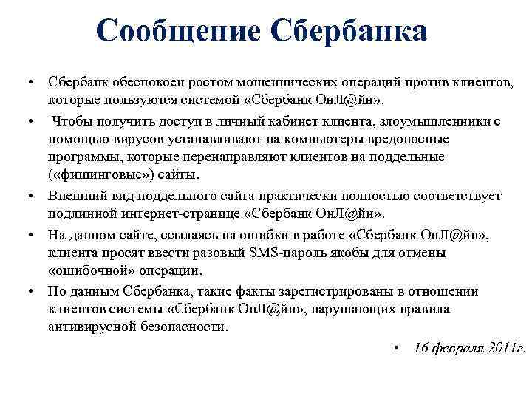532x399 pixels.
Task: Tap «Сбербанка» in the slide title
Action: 349,31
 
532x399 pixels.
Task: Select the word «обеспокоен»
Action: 148,81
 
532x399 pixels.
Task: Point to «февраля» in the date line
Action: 458,347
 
